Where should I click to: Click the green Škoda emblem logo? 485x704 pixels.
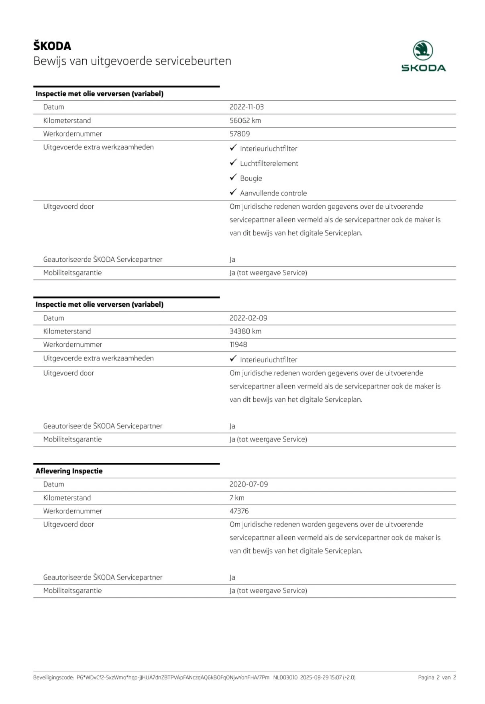point(423,51)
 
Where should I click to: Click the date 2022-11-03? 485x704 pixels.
point(247,107)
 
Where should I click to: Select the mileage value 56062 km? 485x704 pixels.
point(245,120)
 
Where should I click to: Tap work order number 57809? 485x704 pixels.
point(239,134)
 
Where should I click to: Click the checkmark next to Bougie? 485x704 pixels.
point(233,177)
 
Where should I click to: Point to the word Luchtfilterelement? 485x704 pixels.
point(269,163)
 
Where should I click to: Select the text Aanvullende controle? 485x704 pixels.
point(273,193)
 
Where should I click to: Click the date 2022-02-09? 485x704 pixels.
point(248,318)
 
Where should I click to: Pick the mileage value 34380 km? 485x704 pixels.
point(245,331)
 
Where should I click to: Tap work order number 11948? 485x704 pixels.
point(238,344)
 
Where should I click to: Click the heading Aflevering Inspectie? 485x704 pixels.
point(69,471)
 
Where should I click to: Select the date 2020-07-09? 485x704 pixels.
point(249,484)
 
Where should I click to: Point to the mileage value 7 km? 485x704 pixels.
point(237,498)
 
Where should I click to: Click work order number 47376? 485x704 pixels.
point(239,511)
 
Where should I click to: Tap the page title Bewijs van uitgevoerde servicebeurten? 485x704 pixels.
point(132,61)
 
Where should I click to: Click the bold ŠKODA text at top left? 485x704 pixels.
point(52,46)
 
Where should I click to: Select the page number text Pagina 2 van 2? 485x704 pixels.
point(437,678)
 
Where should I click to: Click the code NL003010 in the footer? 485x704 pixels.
point(285,678)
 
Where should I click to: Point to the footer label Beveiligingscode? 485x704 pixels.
point(53,678)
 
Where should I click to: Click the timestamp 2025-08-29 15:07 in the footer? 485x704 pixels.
point(320,678)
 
